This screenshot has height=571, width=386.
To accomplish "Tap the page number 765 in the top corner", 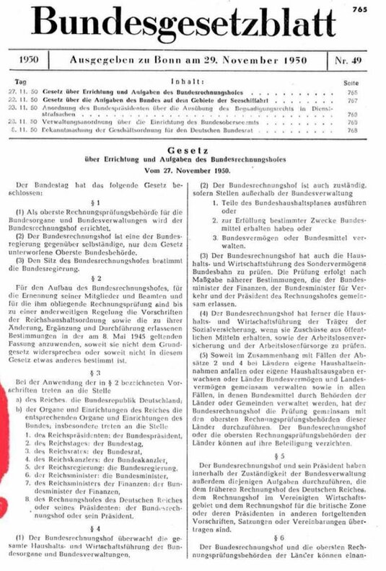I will click(x=374, y=7).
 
